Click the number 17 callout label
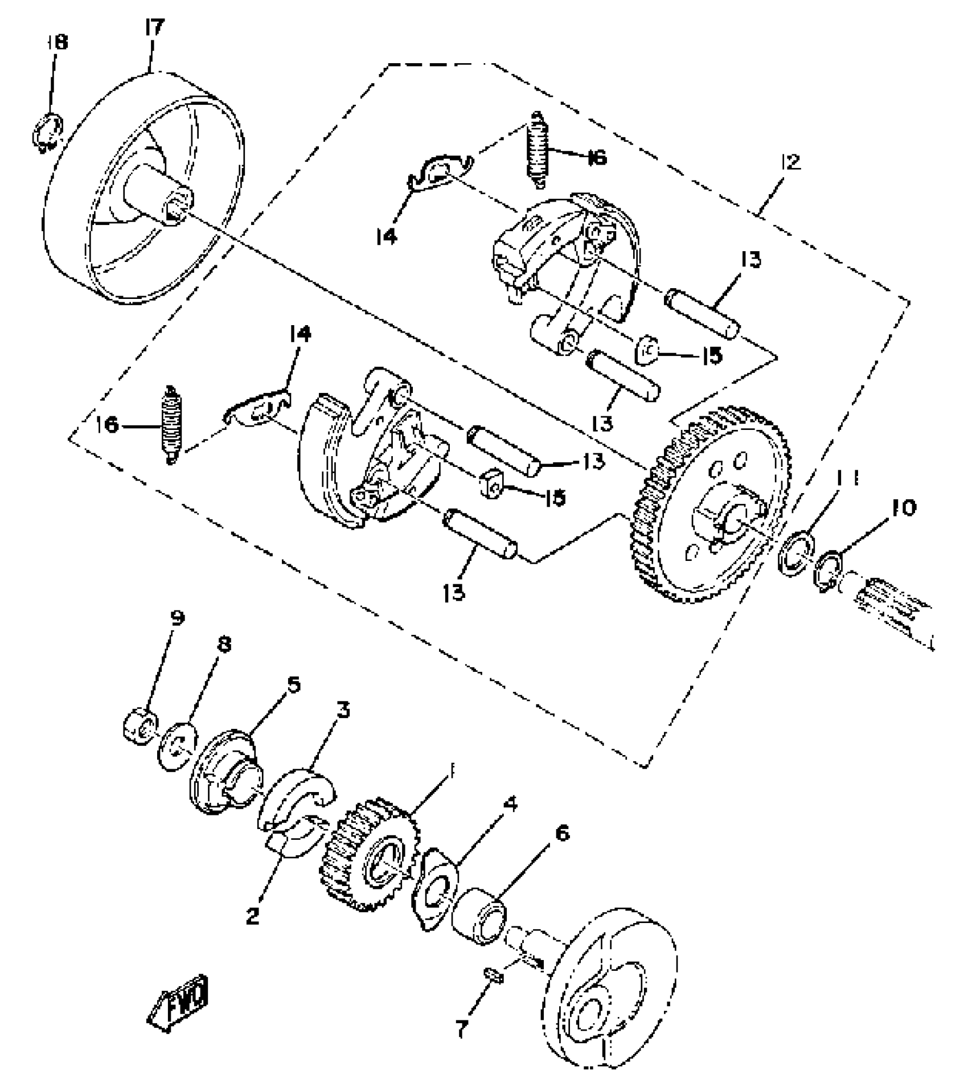pos(154,28)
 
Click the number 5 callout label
pos(293,684)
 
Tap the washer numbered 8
pos(179,747)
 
